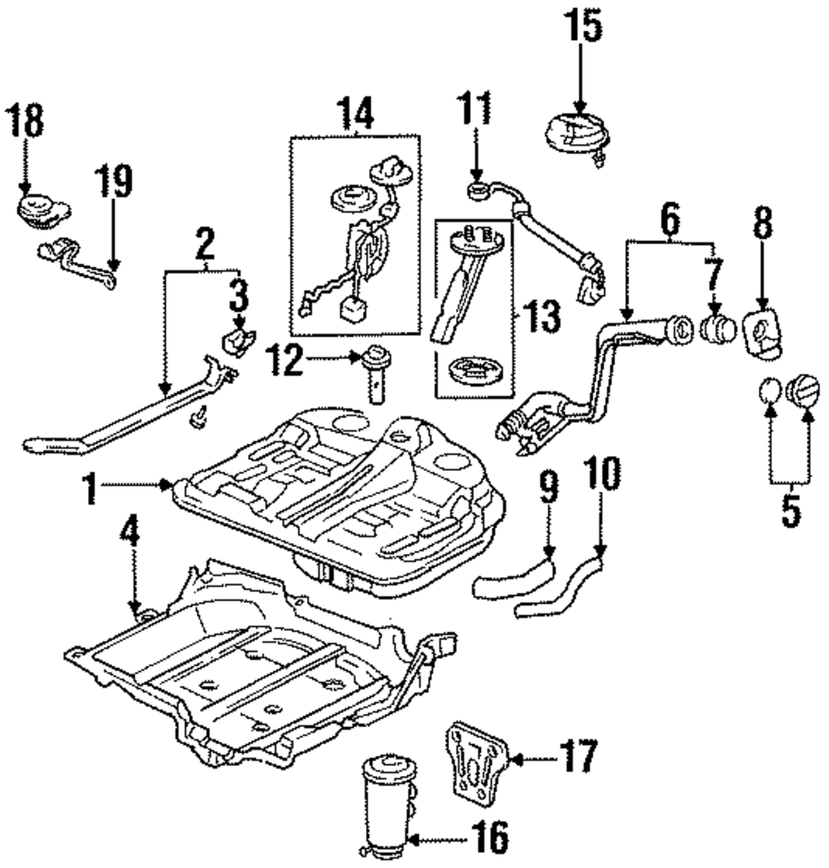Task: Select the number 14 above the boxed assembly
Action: tap(356, 114)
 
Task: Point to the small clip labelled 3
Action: tap(239, 341)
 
